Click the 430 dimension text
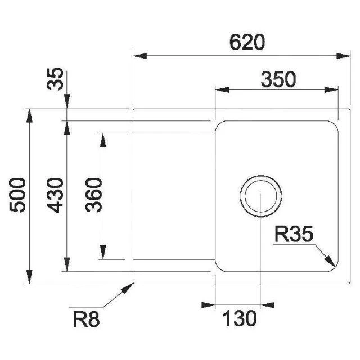pos(57,195)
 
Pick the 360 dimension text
pos(94,195)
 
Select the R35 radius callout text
pos(293,235)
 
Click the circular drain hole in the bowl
pos(260,197)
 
